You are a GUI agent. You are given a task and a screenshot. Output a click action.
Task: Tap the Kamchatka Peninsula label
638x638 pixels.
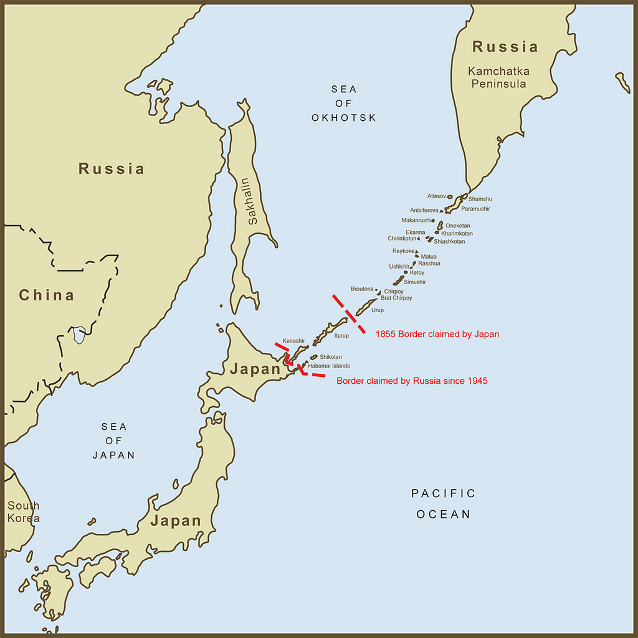[498, 77]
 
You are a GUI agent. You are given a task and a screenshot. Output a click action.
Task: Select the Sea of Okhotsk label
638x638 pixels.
[344, 103]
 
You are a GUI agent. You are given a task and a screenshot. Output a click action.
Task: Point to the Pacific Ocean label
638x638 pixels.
[443, 503]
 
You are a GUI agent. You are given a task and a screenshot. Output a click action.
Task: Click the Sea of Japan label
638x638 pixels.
[114, 440]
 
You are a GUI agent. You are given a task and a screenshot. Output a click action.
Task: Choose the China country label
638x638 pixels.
[46, 295]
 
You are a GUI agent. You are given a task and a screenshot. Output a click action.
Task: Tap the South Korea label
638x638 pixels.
[23, 512]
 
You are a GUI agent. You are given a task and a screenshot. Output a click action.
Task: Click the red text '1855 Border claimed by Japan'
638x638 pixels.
[437, 334]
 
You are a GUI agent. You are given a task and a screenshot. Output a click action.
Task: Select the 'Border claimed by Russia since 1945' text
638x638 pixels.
[412, 380]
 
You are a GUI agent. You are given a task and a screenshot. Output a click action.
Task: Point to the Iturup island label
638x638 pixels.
[342, 335]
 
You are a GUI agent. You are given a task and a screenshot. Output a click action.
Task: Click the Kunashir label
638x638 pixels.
[293, 341]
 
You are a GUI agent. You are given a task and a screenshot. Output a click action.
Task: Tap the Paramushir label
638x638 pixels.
[475, 209]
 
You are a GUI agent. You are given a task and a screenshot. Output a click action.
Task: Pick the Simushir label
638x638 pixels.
[415, 282]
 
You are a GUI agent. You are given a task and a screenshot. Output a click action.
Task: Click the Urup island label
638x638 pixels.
[378, 310]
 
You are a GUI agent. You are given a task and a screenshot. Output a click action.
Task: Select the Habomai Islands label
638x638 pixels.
[328, 366]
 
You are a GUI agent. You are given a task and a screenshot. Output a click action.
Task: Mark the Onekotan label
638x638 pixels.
[458, 226]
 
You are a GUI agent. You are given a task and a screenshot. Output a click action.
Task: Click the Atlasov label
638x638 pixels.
[437, 196]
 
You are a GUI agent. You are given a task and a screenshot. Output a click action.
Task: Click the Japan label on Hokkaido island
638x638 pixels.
[255, 369]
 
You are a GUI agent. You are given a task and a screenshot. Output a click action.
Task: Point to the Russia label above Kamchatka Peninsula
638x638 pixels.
[505, 47]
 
